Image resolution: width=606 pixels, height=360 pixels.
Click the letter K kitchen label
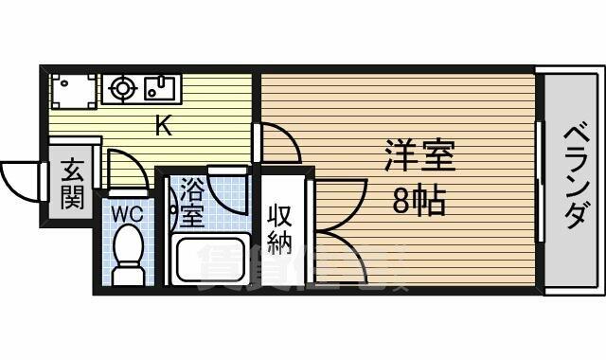coord(164,125)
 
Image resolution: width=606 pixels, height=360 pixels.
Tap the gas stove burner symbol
coord(123,88)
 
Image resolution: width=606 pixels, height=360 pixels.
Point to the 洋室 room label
coord(419,155)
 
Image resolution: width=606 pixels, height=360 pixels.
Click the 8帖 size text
coord(419,201)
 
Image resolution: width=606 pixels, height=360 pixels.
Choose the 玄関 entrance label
coord(72,184)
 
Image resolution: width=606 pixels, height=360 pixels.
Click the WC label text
coord(128,214)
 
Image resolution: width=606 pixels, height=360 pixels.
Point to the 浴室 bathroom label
coord(192,202)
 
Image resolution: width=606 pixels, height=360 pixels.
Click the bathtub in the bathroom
coord(210,260)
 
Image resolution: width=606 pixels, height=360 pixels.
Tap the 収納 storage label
coord(280,229)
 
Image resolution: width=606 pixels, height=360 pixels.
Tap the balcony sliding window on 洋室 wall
coord(540,181)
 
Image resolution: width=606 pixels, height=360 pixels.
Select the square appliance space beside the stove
coord(73,91)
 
